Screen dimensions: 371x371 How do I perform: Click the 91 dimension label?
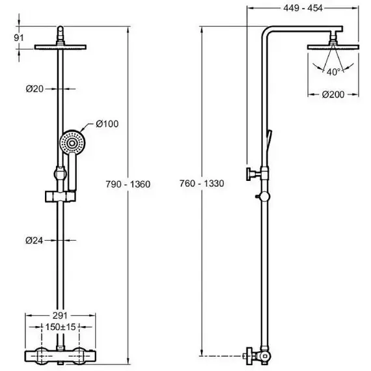pyautogui.click(x=19, y=38)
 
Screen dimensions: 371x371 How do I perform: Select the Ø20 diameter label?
pyautogui.click(x=34, y=89)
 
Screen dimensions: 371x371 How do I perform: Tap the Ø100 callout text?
pyautogui.click(x=107, y=124)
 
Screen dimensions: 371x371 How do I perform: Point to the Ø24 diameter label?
pyautogui.click(x=34, y=240)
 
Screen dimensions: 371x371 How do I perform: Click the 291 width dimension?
pyautogui.click(x=60, y=316)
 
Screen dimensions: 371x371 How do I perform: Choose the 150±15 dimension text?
pyautogui.click(x=61, y=327)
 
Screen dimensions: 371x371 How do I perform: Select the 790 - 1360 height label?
pyautogui.click(x=128, y=184)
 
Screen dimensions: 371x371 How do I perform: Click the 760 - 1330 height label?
pyautogui.click(x=202, y=184)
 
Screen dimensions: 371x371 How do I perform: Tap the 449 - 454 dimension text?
pyautogui.click(x=303, y=8)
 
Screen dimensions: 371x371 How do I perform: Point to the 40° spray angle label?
pyautogui.click(x=334, y=72)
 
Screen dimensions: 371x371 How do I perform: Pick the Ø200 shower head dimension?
pyautogui.click(x=333, y=94)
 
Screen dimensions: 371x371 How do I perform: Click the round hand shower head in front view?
pyautogui.click(x=72, y=143)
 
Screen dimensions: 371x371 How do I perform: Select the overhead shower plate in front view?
pyautogui.click(x=61, y=47)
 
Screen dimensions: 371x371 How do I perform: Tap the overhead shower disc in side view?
pyautogui.click(x=333, y=47)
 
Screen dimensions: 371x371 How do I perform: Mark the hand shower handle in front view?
pyautogui.click(x=72, y=172)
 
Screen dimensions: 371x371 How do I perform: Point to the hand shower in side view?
pyautogui.click(x=269, y=139)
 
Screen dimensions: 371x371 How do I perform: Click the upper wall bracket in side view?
pyautogui.click(x=256, y=174)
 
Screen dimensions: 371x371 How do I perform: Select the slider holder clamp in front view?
pyautogui.click(x=61, y=197)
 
